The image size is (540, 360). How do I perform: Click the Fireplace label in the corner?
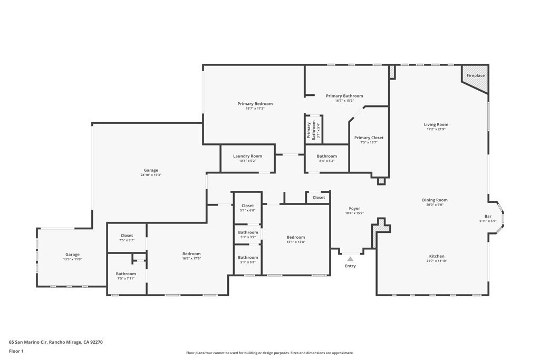click(x=475, y=75)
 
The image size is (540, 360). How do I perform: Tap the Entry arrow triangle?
click(x=350, y=259)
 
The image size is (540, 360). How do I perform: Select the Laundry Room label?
click(x=247, y=156)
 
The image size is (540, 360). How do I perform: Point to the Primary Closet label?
click(x=369, y=138)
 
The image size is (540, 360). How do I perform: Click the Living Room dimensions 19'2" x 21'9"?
click(x=436, y=130)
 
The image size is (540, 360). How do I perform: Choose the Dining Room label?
click(x=435, y=200)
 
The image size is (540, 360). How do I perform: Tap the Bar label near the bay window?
click(x=488, y=216)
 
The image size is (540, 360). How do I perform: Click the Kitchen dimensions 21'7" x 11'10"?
click(x=436, y=261)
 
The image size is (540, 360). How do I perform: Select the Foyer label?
click(x=354, y=208)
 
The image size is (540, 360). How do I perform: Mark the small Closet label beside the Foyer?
click(x=319, y=197)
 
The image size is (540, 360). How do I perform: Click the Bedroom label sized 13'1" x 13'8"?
click(x=296, y=237)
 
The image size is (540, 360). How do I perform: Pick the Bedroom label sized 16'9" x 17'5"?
click(x=191, y=254)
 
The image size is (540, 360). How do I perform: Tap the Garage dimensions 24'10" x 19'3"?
click(x=151, y=175)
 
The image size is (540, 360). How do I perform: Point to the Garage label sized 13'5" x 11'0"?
click(x=72, y=255)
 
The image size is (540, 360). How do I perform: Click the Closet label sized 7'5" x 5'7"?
click(x=127, y=236)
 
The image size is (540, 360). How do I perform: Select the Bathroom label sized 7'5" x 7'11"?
click(x=126, y=274)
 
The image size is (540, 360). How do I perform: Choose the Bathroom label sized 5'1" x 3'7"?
click(x=248, y=232)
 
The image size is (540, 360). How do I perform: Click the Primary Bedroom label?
click(x=255, y=104)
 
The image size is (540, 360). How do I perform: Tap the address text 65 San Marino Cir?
click(x=28, y=342)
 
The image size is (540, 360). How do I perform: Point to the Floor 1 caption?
click(x=16, y=351)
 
